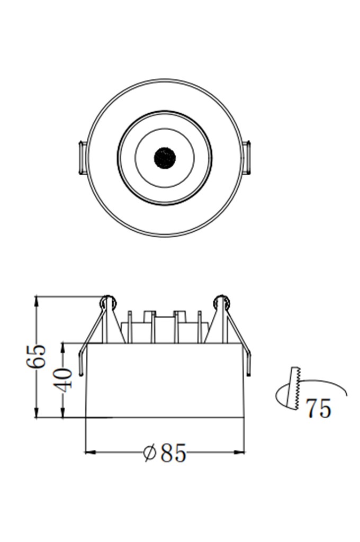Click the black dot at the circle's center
pyautogui.click(x=165, y=158)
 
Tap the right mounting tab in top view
pyautogui.click(x=247, y=158)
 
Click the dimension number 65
pyautogui.click(x=36, y=356)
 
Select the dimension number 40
pyautogui.click(x=64, y=380)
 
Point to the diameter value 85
pyautogui.click(x=173, y=453)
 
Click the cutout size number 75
pyautogui.click(x=319, y=408)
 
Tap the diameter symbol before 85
pyautogui.click(x=149, y=453)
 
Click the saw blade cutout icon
pyautogui.click(x=294, y=388)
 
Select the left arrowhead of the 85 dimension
pyautogui.click(x=90, y=452)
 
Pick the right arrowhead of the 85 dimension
pyautogui.click(x=239, y=452)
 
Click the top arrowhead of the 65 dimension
pyautogui.click(x=37, y=301)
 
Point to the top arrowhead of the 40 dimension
pyautogui.click(x=63, y=348)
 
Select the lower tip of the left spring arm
pyautogui.click(x=81, y=374)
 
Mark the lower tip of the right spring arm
pyautogui.click(x=249, y=373)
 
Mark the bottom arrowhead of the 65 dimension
pyautogui.click(x=37, y=412)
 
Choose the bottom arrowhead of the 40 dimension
pyautogui.click(x=63, y=412)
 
